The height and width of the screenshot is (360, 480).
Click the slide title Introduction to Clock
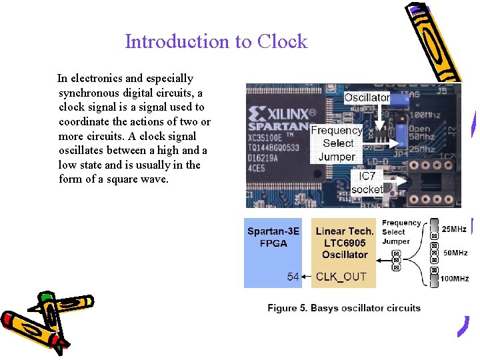point(216,41)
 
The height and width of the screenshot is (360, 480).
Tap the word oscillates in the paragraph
point(83,150)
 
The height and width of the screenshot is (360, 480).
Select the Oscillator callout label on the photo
point(367,97)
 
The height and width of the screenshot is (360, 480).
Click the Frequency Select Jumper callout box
point(337,143)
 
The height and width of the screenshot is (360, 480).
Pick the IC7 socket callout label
point(367,183)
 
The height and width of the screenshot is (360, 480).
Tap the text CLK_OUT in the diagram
point(341,277)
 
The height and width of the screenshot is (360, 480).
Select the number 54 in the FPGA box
point(293,277)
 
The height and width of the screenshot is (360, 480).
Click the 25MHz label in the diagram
point(454,229)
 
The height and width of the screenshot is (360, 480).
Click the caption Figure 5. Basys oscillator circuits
point(344,308)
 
